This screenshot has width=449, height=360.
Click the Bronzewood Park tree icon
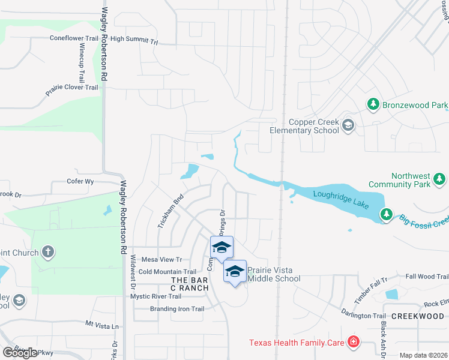point(373,105)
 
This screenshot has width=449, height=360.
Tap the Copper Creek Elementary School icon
point(348,125)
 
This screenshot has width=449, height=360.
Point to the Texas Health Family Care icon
point(354,343)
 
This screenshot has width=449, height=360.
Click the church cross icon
point(48,253)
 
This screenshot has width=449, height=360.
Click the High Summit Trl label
point(134,40)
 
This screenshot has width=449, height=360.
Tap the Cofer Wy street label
point(81,181)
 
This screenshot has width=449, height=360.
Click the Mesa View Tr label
point(161,259)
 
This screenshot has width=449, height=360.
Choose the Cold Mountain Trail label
point(167,272)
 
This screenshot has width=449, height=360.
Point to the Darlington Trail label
point(363,315)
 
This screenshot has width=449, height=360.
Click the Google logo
point(19,352)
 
